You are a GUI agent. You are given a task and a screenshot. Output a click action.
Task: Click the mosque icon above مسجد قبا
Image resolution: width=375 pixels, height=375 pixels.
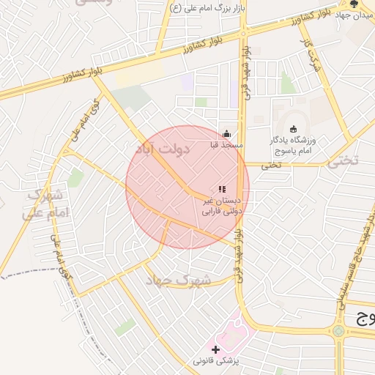tap(227, 134)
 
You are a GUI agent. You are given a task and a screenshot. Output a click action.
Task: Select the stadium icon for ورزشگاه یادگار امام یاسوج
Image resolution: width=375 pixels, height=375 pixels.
tap(294, 129)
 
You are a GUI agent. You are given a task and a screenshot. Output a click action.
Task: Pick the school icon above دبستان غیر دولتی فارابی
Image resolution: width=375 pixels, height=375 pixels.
tap(222, 189)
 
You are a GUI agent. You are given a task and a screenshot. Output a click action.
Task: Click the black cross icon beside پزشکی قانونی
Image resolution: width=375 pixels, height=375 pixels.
tap(215, 349)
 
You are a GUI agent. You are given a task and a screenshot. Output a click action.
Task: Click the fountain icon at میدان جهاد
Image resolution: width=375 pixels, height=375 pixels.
tap(355, 5)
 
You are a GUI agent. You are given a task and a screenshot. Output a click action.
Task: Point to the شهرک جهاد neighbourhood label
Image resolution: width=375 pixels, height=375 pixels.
tap(178, 280)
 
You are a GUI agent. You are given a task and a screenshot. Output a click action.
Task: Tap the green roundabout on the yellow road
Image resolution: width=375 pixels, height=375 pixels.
tap(338, 331)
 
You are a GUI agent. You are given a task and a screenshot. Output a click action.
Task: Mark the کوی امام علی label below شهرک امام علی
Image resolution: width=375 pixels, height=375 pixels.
tap(62, 256)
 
